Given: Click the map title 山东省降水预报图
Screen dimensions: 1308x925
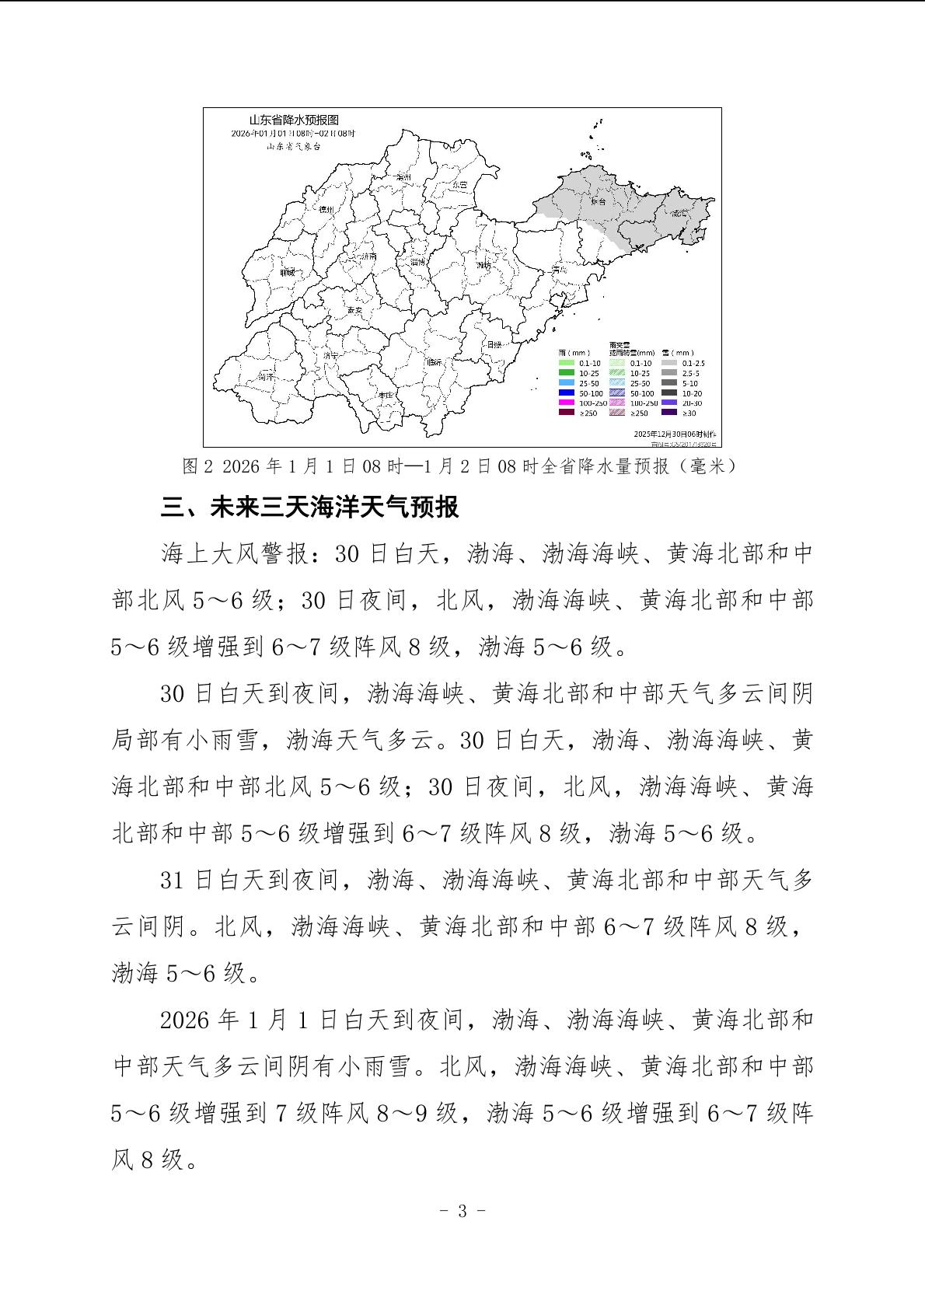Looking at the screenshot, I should tap(294, 120).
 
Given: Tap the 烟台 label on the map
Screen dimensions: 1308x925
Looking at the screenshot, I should tap(597, 201).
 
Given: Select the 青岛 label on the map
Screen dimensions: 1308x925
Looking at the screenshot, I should tap(558, 269).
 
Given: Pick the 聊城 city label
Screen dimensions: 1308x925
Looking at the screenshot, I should tap(287, 272).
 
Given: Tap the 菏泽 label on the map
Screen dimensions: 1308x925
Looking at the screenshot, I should tap(266, 376).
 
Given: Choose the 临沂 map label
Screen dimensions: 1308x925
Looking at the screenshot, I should tap(433, 362).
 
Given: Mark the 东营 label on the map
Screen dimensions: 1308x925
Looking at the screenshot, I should tap(459, 185).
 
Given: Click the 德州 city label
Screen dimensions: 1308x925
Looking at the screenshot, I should tap(326, 210).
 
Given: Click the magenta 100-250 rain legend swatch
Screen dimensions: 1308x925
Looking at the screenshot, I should tap(566, 403).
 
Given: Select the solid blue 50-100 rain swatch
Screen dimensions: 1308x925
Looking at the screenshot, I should tap(566, 393).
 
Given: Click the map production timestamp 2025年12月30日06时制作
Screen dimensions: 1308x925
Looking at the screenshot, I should tap(675, 433).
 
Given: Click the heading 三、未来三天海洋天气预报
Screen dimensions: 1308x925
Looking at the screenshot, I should tap(309, 508).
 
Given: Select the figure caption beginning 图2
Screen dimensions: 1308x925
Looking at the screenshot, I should tap(459, 466).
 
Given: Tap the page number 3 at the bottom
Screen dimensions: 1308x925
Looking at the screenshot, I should tap(462, 1211).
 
